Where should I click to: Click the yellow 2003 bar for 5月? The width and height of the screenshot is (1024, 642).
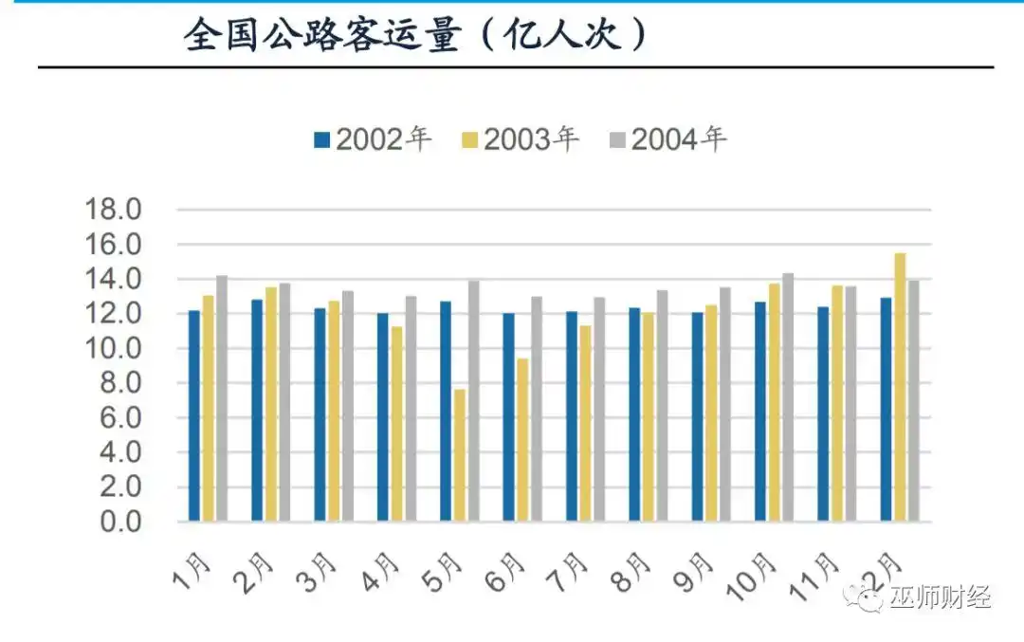pyautogui.click(x=460, y=455)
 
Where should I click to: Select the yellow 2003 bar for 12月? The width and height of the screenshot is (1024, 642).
pyautogui.click(x=900, y=387)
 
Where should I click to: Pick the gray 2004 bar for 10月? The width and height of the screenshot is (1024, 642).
pyautogui.click(x=787, y=397)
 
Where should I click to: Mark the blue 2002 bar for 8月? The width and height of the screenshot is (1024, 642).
pyautogui.click(x=634, y=414)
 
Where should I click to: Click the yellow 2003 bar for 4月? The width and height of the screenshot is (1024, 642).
pyautogui.click(x=396, y=424)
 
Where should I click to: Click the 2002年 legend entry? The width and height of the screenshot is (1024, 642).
pyautogui.click(x=372, y=140)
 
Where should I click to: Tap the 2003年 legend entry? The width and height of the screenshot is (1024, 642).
pyautogui.click(x=520, y=140)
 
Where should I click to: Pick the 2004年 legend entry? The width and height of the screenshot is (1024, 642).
pyautogui.click(x=667, y=140)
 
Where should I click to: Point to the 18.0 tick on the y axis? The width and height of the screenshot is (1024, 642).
pyautogui.click(x=113, y=210)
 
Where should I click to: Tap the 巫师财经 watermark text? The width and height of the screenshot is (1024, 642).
pyautogui.click(x=939, y=597)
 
